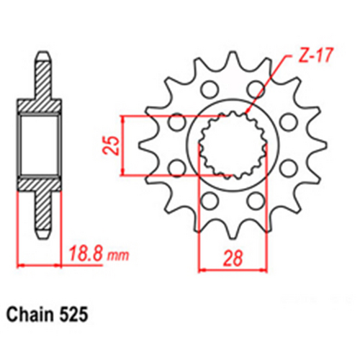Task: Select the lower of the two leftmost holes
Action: pyautogui.click(x=174, y=168)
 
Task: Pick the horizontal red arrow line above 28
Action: pyautogui.click(x=229, y=271)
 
